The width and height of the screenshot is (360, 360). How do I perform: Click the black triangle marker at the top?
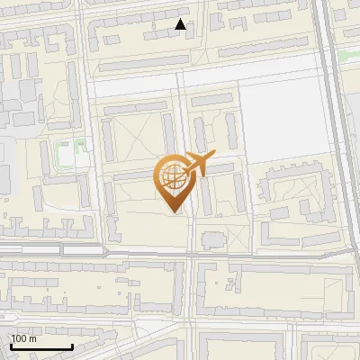(181, 24)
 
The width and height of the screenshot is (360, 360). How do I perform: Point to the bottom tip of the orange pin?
(172, 212)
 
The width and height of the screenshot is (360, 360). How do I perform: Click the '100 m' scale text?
(23, 338)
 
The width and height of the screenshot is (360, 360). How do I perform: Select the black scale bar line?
(41, 346)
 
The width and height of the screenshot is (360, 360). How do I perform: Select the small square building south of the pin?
(212, 240)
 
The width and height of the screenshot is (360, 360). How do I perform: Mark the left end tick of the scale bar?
(11, 346)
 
